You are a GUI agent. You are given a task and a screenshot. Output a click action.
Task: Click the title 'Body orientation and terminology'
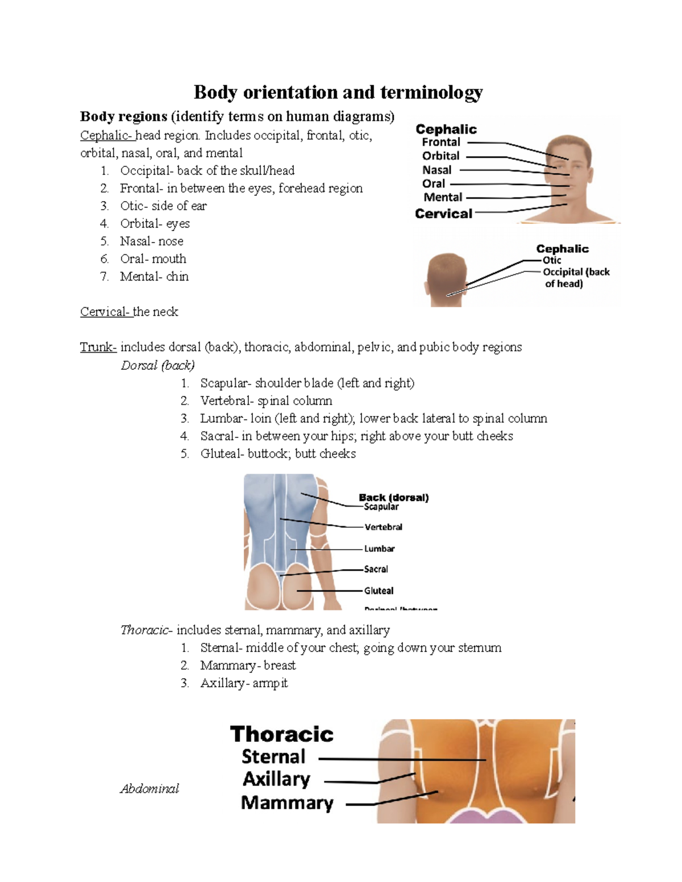click(338, 92)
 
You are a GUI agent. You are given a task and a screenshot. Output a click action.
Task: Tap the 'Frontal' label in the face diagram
click(441, 142)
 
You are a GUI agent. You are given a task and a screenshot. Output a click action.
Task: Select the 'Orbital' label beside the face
click(440, 156)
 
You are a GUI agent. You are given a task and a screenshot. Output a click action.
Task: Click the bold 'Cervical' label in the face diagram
click(443, 214)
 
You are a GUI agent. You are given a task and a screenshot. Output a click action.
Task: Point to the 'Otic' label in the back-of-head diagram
click(551, 260)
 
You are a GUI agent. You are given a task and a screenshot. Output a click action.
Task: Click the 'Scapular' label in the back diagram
click(381, 507)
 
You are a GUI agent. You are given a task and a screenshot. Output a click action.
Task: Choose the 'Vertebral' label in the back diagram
click(383, 527)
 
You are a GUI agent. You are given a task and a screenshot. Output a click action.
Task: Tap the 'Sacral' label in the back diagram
click(376, 569)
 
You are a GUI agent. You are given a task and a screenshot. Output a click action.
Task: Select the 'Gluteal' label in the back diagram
click(379, 591)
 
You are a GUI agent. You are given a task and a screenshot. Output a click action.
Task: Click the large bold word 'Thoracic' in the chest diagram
click(281, 734)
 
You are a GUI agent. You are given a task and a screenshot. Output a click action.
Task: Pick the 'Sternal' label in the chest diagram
click(273, 756)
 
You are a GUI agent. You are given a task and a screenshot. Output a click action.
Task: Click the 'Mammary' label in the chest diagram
click(287, 802)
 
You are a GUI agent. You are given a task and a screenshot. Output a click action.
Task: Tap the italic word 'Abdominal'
click(149, 788)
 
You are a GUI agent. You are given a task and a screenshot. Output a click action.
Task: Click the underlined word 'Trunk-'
click(98, 347)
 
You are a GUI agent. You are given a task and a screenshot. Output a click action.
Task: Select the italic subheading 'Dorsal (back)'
click(157, 365)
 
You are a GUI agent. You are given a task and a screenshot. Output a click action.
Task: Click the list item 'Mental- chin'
click(154, 277)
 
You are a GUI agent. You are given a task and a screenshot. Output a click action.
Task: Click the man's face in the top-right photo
click(569, 170)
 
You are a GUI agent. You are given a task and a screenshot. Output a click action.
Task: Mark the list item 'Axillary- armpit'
click(244, 683)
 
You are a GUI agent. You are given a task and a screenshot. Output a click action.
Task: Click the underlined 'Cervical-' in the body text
click(106, 312)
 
